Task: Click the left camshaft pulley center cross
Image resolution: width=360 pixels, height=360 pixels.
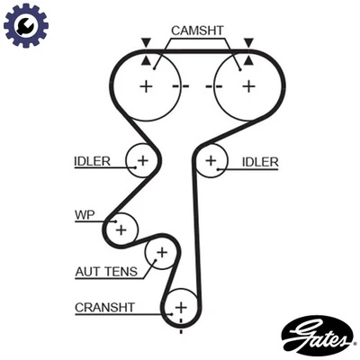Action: pos(146,86)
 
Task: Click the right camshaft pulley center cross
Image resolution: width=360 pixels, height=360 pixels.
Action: pos(247,86)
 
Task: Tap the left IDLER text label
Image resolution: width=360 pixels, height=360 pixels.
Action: pos(92,161)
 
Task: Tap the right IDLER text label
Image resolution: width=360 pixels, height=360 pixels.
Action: pos(260,161)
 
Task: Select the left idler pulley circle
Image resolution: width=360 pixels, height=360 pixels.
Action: pos(141,161)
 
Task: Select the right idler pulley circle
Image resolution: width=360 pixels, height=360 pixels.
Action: pos(211,161)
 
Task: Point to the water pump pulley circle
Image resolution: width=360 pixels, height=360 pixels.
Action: pos(120,229)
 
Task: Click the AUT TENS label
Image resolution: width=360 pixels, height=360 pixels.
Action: pos(106,270)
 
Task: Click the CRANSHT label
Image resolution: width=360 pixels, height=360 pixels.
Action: pos(104,307)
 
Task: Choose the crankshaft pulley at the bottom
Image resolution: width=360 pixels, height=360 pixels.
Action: pos(181,308)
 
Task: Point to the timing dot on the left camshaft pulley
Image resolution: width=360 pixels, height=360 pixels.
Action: pos(146,59)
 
